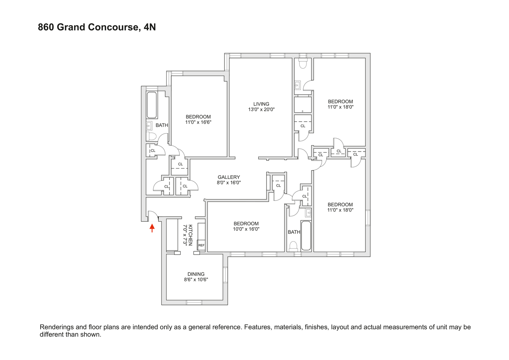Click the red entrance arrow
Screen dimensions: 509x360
(x=152, y=228)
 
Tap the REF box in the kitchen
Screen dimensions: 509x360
(x=201, y=245)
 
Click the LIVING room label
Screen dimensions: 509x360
(x=261, y=104)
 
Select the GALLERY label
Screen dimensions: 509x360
(x=229, y=177)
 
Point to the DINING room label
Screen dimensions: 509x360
(x=196, y=274)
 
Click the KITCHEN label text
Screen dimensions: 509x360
(x=190, y=235)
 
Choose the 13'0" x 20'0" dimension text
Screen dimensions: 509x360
(x=261, y=109)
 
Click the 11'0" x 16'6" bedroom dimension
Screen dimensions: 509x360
(x=198, y=122)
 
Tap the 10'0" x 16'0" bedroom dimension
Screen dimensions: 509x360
(x=246, y=229)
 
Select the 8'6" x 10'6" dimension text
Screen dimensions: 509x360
(x=196, y=279)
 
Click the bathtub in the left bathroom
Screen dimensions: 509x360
(x=152, y=105)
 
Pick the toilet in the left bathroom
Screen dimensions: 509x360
(x=151, y=136)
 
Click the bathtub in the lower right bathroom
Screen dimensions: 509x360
(x=306, y=236)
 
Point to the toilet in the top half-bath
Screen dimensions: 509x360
(x=303, y=64)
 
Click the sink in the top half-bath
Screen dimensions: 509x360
(x=298, y=85)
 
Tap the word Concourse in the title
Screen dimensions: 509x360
(x=116, y=27)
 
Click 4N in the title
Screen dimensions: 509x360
(x=150, y=27)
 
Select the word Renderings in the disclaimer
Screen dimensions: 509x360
(x=58, y=327)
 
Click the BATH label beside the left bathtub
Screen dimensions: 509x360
(x=162, y=125)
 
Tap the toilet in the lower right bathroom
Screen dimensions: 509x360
(x=294, y=246)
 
